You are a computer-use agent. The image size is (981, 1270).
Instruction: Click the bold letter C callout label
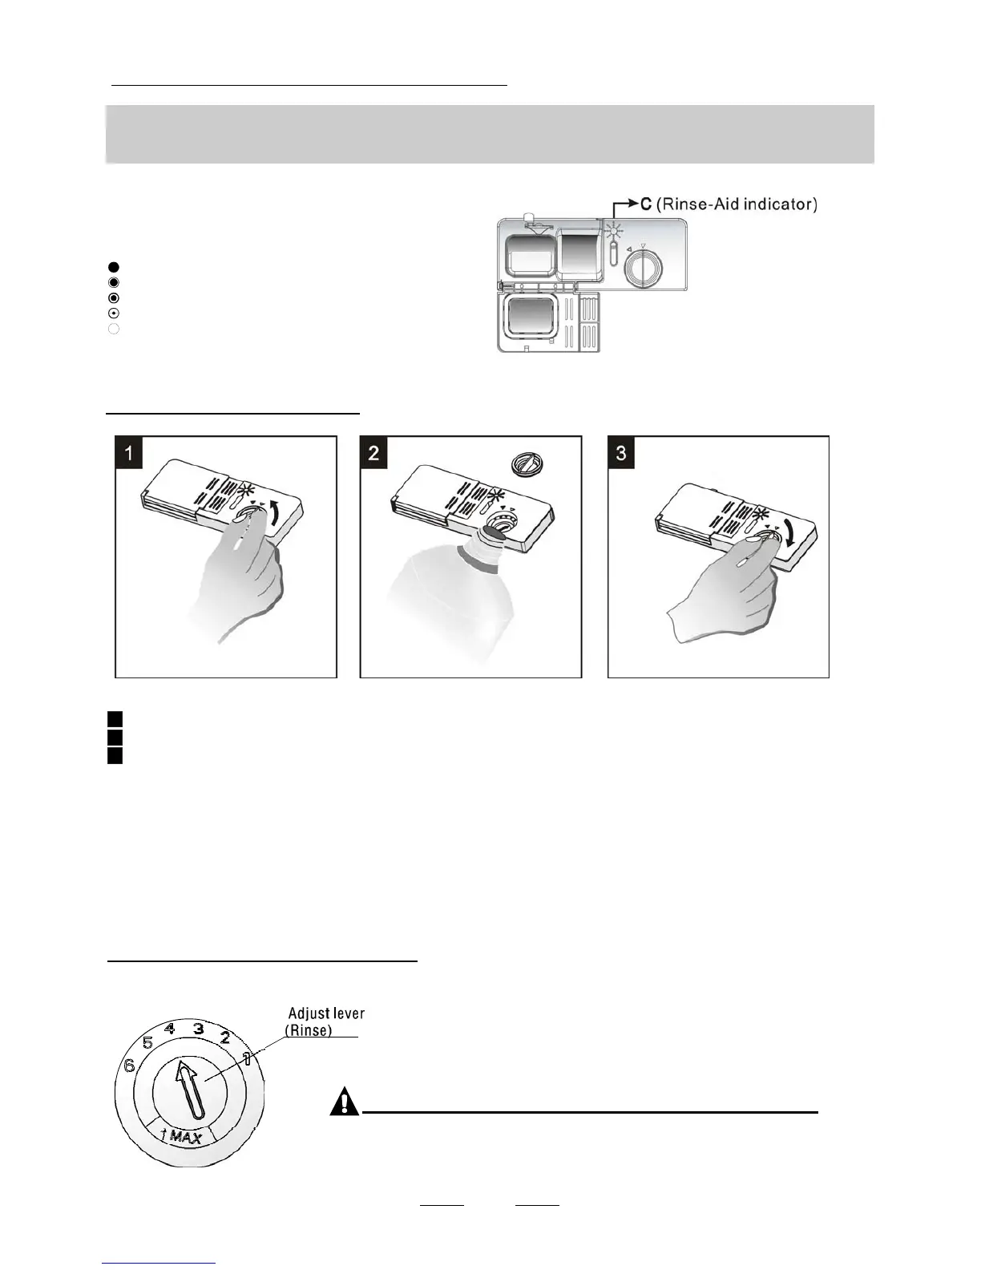[646, 204]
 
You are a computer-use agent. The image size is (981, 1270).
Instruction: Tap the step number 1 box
[129, 453]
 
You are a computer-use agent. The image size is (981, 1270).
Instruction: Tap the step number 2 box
[374, 453]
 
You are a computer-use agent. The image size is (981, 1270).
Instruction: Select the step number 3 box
[621, 453]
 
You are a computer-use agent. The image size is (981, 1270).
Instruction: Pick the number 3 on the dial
[198, 1029]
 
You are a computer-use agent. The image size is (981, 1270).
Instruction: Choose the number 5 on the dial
[147, 1043]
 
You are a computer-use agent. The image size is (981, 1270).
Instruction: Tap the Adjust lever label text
[325, 1014]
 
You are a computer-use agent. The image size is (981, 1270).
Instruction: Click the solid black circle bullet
[113, 266]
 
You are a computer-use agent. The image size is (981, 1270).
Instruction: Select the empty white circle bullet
[113, 329]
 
